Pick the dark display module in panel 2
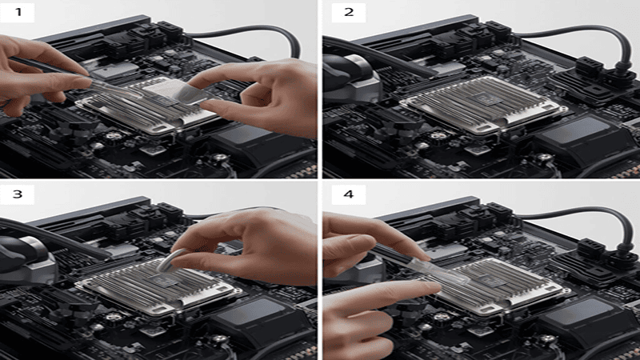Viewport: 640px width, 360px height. tap(572, 132)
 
